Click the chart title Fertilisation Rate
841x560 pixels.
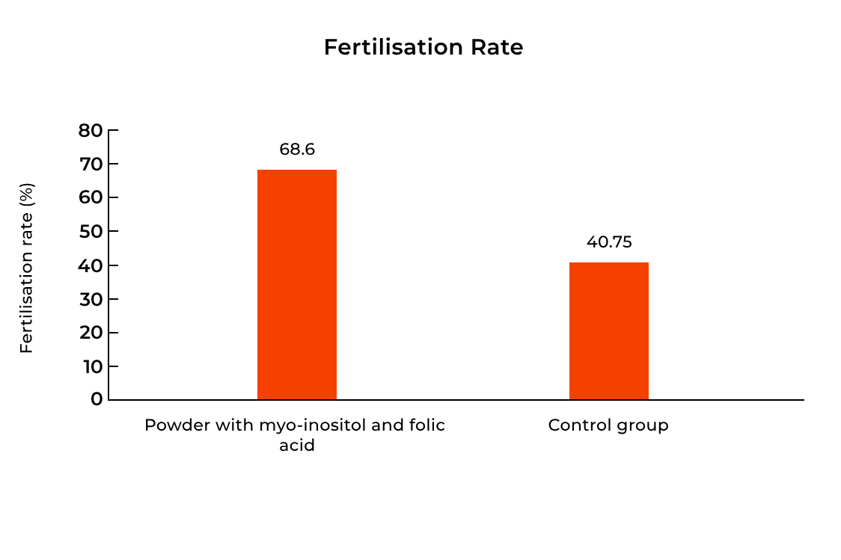pyautogui.click(x=423, y=47)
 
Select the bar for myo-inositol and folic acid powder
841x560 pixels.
pyautogui.click(x=297, y=284)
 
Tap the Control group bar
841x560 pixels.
pyautogui.click(x=608, y=330)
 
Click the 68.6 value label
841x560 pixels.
pyautogui.click(x=297, y=150)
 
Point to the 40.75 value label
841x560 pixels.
pyautogui.click(x=609, y=242)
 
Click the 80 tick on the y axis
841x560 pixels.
pyautogui.click(x=91, y=131)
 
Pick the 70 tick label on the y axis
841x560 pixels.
pyautogui.click(x=91, y=164)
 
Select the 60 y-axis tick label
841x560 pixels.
pyautogui.click(x=91, y=198)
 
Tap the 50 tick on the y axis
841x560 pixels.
pyautogui.click(x=91, y=232)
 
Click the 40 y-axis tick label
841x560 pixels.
pyautogui.click(x=91, y=265)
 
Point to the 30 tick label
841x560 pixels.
pyautogui.click(x=91, y=299)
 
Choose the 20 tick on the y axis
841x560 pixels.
pyautogui.click(x=91, y=333)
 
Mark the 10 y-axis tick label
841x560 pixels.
pyautogui.click(x=91, y=366)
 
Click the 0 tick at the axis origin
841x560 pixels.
pyautogui.click(x=97, y=399)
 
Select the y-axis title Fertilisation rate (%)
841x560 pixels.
pyautogui.click(x=27, y=268)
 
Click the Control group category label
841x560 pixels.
pyautogui.click(x=608, y=425)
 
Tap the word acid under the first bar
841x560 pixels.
pyautogui.click(x=296, y=446)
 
